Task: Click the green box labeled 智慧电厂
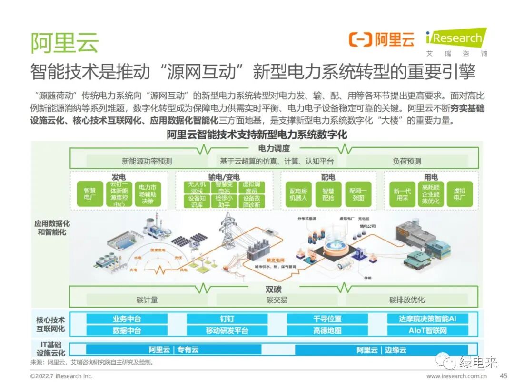[90, 194]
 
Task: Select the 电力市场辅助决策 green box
[148, 194]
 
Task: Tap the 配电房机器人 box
[298, 194]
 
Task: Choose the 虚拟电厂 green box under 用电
[460, 194]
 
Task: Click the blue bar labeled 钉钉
[227, 318]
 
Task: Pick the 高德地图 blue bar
[327, 330]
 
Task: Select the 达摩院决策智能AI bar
[427, 318]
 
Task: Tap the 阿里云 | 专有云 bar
[174, 350]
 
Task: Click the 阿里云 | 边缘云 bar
[381, 350]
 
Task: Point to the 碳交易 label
[277, 300]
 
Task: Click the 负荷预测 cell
[407, 161]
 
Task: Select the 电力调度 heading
[274, 149]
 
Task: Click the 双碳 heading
[274, 288]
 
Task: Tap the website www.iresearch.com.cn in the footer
[456, 376]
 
